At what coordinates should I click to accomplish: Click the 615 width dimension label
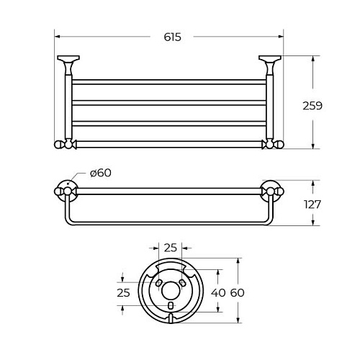click(x=172, y=37)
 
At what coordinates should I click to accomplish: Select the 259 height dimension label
click(x=312, y=106)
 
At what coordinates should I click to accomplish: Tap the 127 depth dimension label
click(x=312, y=204)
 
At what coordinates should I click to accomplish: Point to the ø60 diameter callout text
click(x=101, y=173)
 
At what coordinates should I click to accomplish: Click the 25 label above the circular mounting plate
click(x=171, y=248)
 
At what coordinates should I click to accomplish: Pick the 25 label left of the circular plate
click(x=123, y=293)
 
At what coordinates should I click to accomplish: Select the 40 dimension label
click(x=218, y=293)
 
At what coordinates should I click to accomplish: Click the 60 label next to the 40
click(x=238, y=293)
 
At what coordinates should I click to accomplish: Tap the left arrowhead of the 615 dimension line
click(x=58, y=37)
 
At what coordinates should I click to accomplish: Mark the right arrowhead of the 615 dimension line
click(x=281, y=37)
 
